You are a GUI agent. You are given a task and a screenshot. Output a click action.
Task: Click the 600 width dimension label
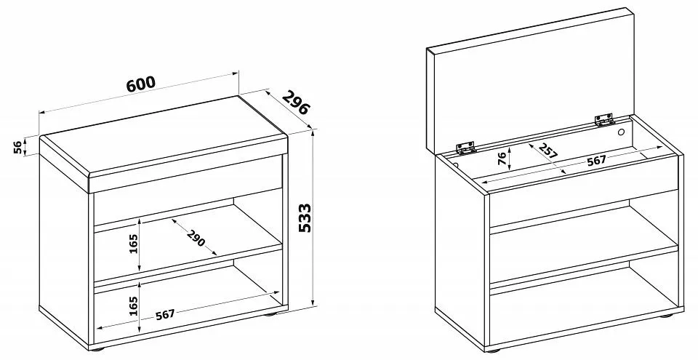(x=141, y=84)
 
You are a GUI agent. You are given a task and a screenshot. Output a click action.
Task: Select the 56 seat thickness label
(x=17, y=147)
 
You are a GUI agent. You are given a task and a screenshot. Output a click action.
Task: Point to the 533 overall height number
(x=305, y=218)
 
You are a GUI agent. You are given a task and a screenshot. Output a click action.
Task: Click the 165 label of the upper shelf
(x=134, y=244)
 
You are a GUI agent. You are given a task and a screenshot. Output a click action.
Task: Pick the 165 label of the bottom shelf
(x=134, y=306)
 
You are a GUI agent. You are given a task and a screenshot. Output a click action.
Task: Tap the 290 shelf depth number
(x=196, y=239)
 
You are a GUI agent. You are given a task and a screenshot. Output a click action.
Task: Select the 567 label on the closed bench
(x=165, y=315)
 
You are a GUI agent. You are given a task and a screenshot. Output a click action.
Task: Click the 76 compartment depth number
(x=502, y=158)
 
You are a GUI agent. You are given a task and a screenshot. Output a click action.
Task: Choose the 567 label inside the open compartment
(x=596, y=161)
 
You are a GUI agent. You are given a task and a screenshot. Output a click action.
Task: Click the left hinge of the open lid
(x=465, y=148)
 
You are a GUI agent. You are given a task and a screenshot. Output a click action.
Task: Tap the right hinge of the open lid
(x=604, y=119)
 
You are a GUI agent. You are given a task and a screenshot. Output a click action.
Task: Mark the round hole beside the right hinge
(x=622, y=132)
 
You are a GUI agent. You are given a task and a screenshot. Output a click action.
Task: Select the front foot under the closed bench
(x=100, y=349)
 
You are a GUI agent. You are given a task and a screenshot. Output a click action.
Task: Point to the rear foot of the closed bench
(x=270, y=315)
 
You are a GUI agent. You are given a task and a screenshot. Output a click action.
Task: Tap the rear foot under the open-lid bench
(x=666, y=316)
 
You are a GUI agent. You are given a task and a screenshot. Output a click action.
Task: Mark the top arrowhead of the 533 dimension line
(x=313, y=133)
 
